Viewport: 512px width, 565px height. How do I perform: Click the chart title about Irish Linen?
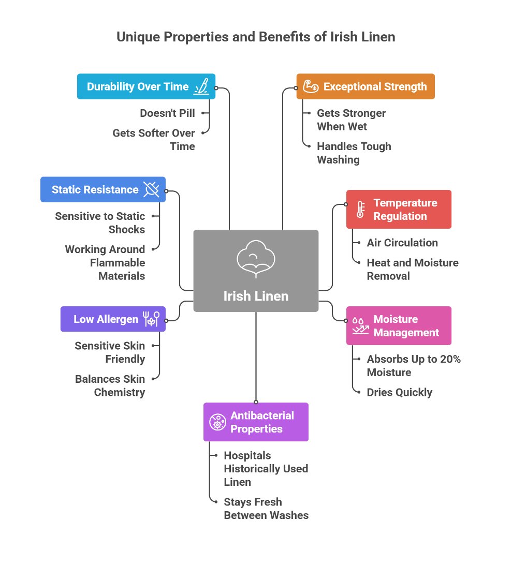[256, 37]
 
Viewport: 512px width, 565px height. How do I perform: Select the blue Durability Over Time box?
[146, 86]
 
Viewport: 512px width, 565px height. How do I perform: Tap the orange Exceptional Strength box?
[365, 86]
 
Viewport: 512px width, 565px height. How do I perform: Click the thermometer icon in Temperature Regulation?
[360, 210]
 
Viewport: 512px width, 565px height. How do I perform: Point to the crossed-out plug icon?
[152, 190]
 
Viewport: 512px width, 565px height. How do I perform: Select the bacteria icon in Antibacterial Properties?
[217, 422]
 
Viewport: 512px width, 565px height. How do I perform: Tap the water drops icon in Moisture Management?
[360, 326]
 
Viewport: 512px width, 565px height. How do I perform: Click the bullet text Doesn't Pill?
[167, 113]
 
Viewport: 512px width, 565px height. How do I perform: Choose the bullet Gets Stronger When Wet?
[351, 120]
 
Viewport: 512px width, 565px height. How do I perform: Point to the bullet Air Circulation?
[402, 243]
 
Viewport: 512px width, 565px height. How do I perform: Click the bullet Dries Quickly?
[399, 392]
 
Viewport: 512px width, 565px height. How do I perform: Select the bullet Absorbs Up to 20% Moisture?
[413, 366]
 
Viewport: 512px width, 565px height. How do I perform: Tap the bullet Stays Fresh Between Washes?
[266, 509]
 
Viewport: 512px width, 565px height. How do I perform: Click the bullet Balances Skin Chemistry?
[110, 385]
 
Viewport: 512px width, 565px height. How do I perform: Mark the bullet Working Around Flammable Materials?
[105, 262]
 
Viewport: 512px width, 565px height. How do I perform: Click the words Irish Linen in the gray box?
[256, 296]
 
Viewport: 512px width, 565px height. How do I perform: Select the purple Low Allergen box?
[113, 319]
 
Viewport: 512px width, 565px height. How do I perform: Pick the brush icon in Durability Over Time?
[201, 86]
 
